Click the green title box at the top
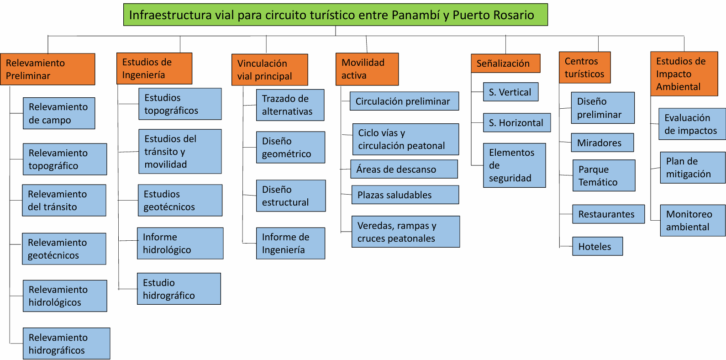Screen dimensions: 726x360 (336, 15)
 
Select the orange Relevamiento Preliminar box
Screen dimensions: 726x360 (47, 69)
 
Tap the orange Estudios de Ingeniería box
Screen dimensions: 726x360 (154, 69)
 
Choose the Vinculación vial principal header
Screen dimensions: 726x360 (270, 70)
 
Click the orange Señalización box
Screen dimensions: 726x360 (505, 63)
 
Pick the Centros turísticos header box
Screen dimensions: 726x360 (585, 68)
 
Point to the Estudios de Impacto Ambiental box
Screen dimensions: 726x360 (684, 74)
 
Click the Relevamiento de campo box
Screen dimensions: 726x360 (59, 113)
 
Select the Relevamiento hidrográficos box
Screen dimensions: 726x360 (67, 344)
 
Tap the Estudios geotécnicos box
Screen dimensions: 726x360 (180, 200)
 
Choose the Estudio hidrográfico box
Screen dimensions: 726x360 (179, 289)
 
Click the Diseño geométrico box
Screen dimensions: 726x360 (290, 147)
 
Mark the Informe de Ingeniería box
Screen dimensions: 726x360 (290, 243)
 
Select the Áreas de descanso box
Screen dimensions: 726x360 (404, 169)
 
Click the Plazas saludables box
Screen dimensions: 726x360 (405, 195)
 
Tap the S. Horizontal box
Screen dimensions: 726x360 (517, 122)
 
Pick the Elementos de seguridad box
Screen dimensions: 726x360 (514, 165)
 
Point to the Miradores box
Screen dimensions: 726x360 (602, 143)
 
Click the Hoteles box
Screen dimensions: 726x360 (597, 246)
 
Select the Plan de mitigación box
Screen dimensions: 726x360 (693, 168)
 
